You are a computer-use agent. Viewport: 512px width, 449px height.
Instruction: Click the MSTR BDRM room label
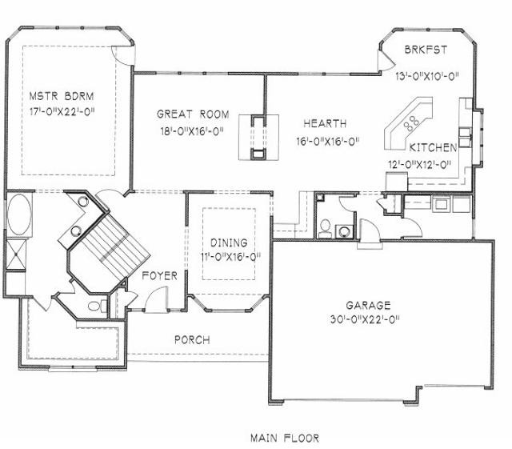[62, 96]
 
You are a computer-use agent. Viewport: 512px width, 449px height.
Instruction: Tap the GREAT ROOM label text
[193, 114]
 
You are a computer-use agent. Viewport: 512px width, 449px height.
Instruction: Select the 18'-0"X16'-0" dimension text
[192, 131]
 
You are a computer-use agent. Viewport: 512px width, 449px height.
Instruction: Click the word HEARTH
[325, 123]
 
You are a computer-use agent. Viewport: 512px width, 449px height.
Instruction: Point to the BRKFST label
[426, 50]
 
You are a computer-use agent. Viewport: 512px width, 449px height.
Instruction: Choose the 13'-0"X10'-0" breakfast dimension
[427, 76]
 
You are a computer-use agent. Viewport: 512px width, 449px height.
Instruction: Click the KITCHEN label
[433, 148]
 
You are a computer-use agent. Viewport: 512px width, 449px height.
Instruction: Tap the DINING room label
[229, 243]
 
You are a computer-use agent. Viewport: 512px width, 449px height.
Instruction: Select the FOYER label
[160, 276]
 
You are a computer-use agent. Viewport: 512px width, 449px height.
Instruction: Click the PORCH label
[192, 340]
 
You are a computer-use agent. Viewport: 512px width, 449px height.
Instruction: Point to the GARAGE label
[368, 306]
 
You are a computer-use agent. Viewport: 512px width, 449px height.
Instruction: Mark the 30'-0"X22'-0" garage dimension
[365, 319]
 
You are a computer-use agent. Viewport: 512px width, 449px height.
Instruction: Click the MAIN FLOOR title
[285, 438]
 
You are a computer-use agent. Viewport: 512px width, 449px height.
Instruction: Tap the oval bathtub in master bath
[19, 214]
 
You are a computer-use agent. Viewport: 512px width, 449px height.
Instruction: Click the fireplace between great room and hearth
[258, 137]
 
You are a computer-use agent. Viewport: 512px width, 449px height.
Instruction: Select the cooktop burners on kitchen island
[411, 123]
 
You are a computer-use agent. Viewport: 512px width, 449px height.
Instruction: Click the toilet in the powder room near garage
[325, 229]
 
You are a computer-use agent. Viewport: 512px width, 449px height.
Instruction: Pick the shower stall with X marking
[16, 255]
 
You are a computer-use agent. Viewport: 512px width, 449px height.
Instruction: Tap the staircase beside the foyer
[114, 243]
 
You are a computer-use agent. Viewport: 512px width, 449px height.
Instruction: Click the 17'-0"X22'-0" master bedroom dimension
[62, 112]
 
